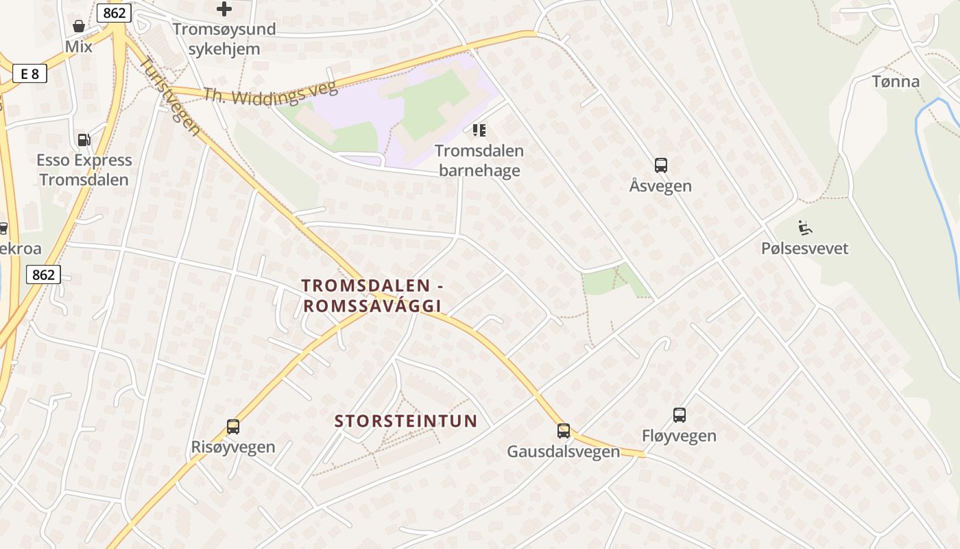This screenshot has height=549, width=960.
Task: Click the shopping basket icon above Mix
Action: point(79,27)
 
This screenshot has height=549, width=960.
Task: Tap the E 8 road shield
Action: point(29,73)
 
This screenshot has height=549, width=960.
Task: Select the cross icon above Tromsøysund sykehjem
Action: point(224,10)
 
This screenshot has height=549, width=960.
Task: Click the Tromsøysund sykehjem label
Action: point(224,39)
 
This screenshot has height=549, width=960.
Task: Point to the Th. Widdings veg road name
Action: point(270,95)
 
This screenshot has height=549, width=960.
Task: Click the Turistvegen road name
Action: point(170,95)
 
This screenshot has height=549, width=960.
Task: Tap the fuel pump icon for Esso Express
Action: point(84,140)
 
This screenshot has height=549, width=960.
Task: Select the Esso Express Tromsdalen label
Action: point(84,170)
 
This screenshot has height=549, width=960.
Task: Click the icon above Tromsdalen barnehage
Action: point(479,130)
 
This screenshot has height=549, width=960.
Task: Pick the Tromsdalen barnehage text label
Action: point(479,161)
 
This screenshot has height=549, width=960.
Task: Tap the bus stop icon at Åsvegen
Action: point(660,165)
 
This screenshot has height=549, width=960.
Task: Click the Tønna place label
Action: point(896,82)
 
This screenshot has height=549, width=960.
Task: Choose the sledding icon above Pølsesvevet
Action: point(805,228)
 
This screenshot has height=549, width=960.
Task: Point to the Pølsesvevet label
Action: point(805,248)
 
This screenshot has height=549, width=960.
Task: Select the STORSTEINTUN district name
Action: point(405,421)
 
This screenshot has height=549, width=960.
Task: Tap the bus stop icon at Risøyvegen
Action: point(233,427)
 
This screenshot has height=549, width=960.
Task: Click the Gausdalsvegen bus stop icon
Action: point(563,431)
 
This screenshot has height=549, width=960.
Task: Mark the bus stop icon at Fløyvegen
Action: point(679,415)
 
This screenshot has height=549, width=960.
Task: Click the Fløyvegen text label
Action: point(679,436)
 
